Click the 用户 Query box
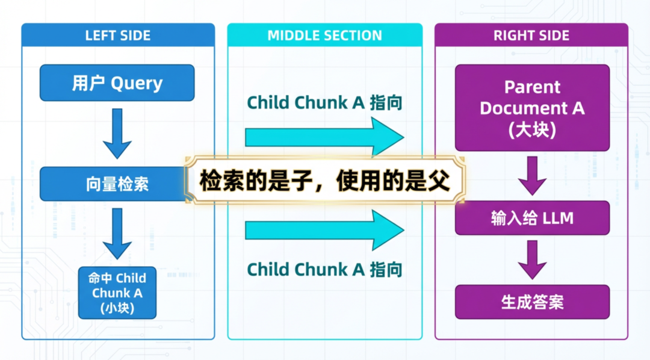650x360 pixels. [x=117, y=82]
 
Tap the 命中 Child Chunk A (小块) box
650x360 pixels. [x=117, y=293]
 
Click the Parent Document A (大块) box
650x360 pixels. [x=532, y=108]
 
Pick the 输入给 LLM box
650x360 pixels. [x=532, y=218]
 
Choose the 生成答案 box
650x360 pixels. [x=532, y=302]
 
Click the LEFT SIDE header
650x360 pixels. [x=118, y=36]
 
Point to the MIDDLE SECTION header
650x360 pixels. [x=324, y=36]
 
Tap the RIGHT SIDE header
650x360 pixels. [x=531, y=36]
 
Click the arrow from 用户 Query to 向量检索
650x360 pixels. [x=117, y=134]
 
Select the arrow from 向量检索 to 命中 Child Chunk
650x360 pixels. [x=117, y=234]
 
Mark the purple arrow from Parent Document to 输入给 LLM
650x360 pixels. [x=532, y=175]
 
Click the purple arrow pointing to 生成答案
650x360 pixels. [x=532, y=259]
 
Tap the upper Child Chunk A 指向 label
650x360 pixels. [x=324, y=103]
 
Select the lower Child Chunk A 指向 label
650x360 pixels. [x=324, y=269]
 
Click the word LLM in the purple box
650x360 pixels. [x=558, y=219]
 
